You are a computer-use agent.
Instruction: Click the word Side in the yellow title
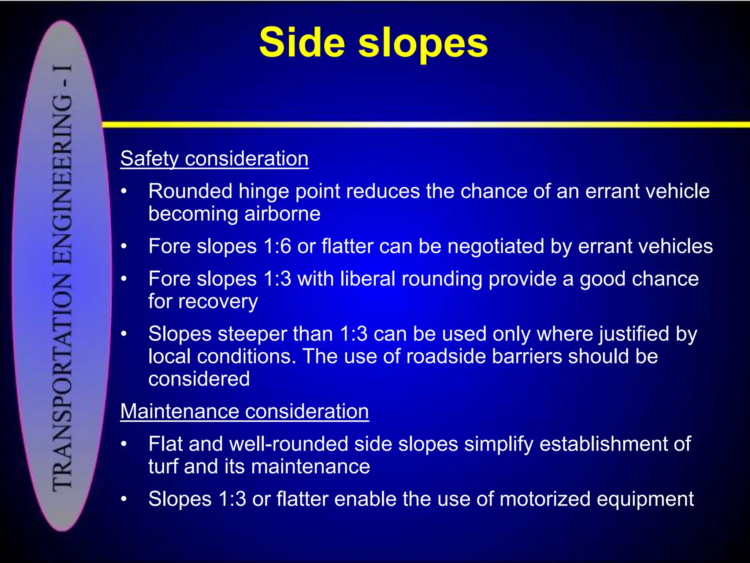[302, 43]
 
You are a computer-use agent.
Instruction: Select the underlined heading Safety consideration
[214, 159]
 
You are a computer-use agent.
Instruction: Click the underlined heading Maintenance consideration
[244, 411]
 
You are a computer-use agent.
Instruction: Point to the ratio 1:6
[277, 246]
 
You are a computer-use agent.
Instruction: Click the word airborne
[282, 214]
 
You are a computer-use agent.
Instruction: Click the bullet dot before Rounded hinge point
[124, 191]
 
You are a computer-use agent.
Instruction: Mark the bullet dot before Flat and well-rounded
[124, 444]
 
